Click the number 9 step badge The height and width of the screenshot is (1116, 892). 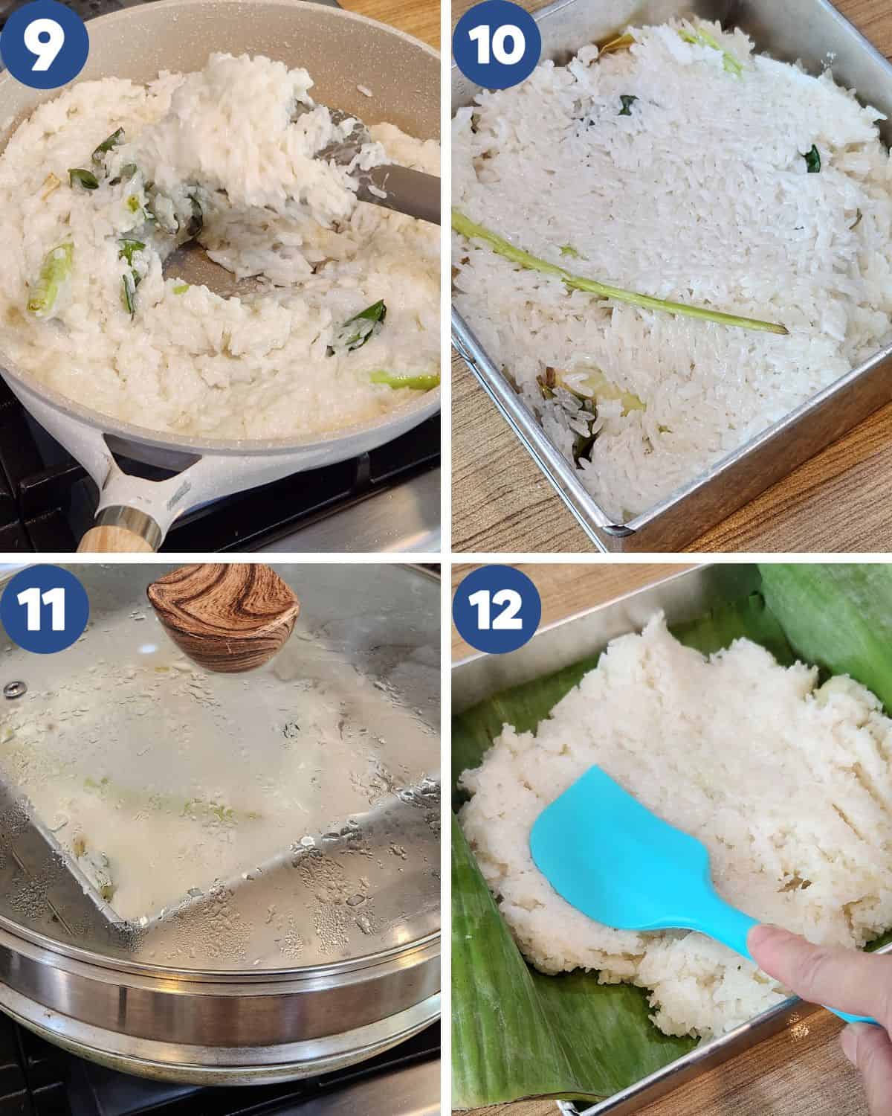(44, 45)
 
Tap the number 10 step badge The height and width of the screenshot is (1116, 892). (497, 45)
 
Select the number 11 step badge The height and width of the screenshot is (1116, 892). (44, 609)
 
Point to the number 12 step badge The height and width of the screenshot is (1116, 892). (497, 609)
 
